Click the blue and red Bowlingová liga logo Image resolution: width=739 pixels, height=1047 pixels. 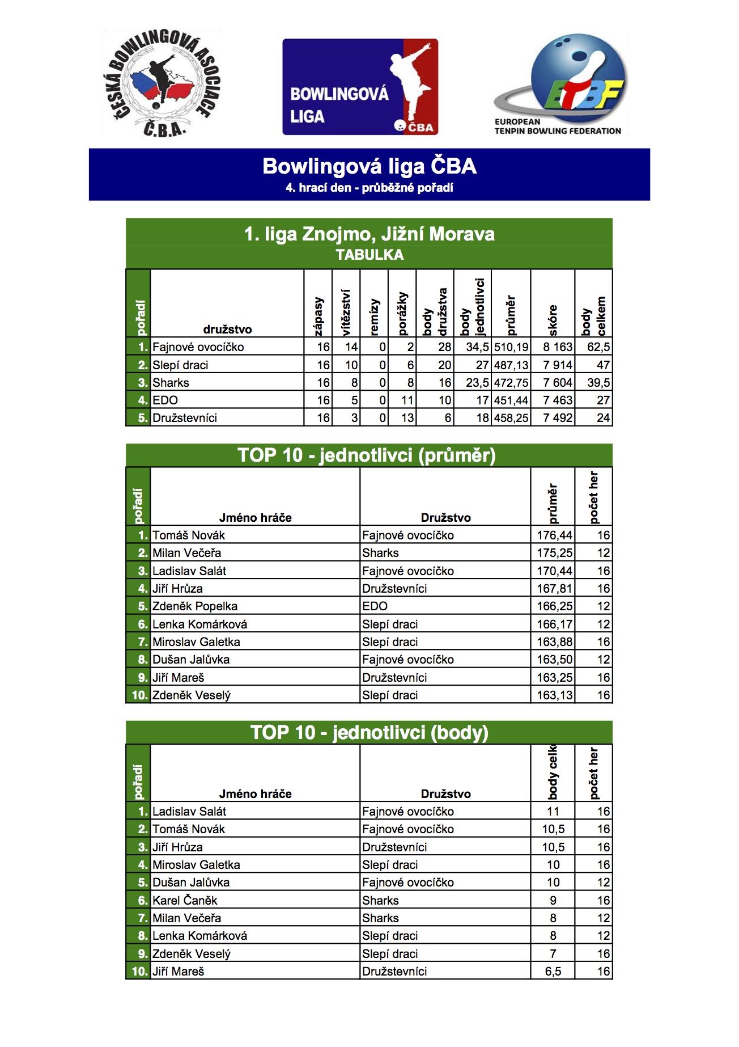click(360, 87)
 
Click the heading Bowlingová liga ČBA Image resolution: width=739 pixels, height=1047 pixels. click(369, 166)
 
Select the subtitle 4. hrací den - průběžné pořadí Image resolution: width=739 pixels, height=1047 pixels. click(369, 188)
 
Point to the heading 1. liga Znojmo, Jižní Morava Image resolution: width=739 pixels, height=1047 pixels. click(369, 234)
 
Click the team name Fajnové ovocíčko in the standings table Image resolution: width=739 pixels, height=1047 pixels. click(198, 347)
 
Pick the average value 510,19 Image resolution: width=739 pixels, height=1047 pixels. click(511, 347)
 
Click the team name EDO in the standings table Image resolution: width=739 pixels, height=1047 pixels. click(165, 400)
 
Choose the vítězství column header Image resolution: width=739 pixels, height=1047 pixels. click(346, 312)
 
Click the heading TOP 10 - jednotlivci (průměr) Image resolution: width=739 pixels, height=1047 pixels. click(367, 455)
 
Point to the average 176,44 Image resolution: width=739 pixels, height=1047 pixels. click(554, 535)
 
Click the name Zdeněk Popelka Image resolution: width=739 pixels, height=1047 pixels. click(194, 606)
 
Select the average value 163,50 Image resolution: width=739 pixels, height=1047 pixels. click(554, 660)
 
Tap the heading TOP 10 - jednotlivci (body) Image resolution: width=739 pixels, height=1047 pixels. click(369, 732)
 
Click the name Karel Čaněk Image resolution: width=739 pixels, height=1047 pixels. click(184, 901)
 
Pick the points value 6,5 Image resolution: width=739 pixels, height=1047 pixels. click(553, 972)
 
